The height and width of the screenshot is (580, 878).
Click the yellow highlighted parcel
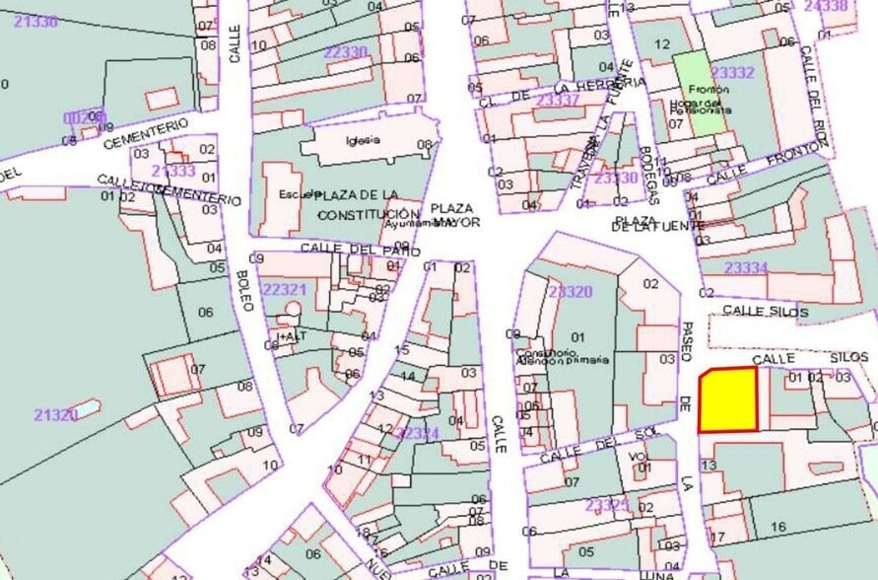pos(729,400)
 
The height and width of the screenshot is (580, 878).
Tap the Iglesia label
pos(363,140)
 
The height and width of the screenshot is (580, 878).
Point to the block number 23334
pos(745,267)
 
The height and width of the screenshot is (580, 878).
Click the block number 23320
pos(570,292)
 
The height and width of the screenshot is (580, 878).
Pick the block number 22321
pos(286,289)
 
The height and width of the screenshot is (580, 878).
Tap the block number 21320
pos(55,415)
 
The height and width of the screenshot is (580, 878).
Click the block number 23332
pos(732,72)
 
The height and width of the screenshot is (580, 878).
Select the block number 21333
pos(173,171)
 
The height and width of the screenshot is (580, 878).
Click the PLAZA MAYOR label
pos(454,215)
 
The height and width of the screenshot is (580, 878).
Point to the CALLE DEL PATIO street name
pos(347,249)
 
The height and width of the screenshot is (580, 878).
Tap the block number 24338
pos(826,6)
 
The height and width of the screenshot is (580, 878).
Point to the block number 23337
pos(558,100)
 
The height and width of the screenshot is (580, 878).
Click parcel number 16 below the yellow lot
pos(778,528)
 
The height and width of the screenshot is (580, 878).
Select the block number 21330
pos(36,22)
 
